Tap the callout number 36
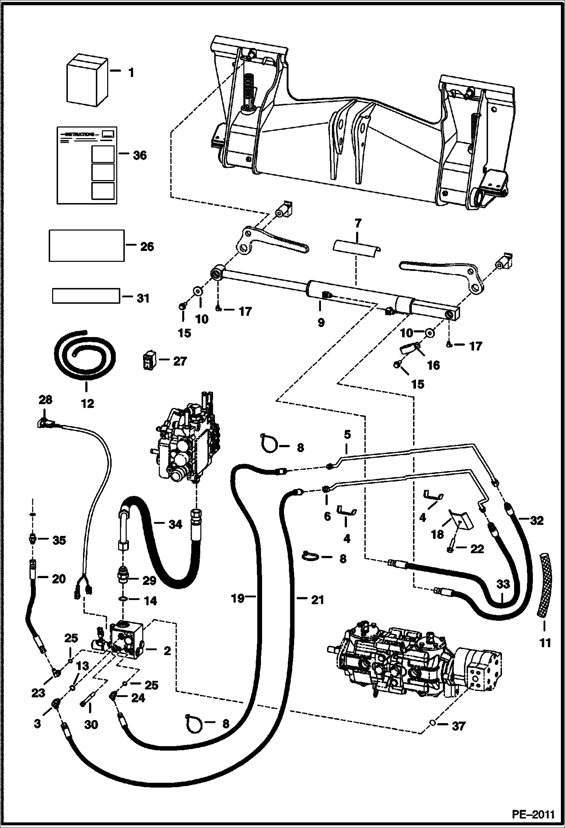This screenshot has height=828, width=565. pos(140,155)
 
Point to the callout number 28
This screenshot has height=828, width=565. pos(46,400)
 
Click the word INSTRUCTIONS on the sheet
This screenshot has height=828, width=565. pos(80,134)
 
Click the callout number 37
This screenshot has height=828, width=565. pos(459,726)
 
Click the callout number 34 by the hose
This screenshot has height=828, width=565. pos(175,524)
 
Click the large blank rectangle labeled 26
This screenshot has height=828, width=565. pos(87,245)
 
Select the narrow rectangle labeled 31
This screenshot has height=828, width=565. pos(86,296)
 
